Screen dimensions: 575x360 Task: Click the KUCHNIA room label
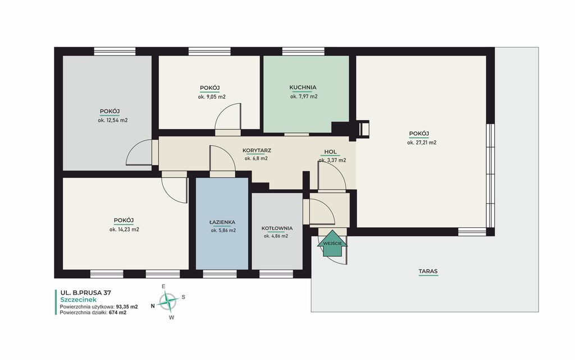coord(303,87)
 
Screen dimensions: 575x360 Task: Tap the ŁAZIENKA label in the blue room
coord(222,222)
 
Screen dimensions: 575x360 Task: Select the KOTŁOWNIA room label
coord(277,228)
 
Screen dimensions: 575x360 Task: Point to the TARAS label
coord(428,272)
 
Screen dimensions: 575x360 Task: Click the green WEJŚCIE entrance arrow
coord(332,243)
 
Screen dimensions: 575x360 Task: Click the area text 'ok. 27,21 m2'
coord(422,143)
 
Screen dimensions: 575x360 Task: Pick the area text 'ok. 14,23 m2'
coord(124,230)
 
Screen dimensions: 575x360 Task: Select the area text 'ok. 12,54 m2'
coord(112,120)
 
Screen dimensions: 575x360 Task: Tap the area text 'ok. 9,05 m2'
coord(212,97)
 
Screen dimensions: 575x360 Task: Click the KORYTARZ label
coord(257,151)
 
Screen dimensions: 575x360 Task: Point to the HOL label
coord(330,152)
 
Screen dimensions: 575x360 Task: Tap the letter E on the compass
coord(163,286)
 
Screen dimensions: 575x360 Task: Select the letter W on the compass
coord(171,318)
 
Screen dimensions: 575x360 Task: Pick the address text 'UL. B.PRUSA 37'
coord(85,293)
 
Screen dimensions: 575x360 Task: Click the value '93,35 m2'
coord(127,307)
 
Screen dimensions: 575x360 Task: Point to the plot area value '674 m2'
coord(118,313)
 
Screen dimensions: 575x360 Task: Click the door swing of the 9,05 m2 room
coord(228,116)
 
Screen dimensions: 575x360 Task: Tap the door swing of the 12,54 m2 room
coord(139,152)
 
